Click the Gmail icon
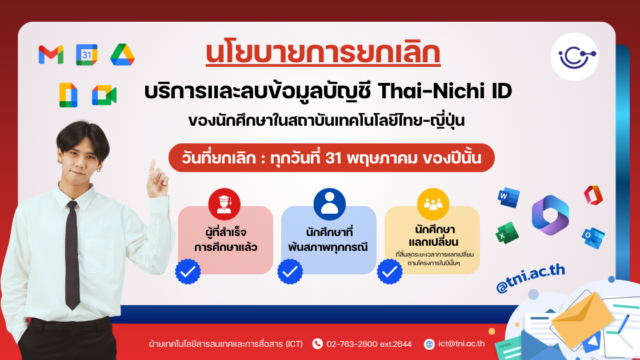tap(51, 54)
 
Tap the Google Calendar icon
tap(87, 54)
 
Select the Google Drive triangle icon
tap(122, 54)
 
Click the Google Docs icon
tap(68, 95)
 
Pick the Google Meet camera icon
tap(104, 95)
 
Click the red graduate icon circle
tap(225, 204)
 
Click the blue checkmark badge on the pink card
tap(187, 271)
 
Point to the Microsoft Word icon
tap(507, 197)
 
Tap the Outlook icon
tap(593, 234)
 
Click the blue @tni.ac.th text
tap(530, 278)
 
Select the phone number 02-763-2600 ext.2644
tap(369, 343)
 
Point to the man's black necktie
tap(71, 251)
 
